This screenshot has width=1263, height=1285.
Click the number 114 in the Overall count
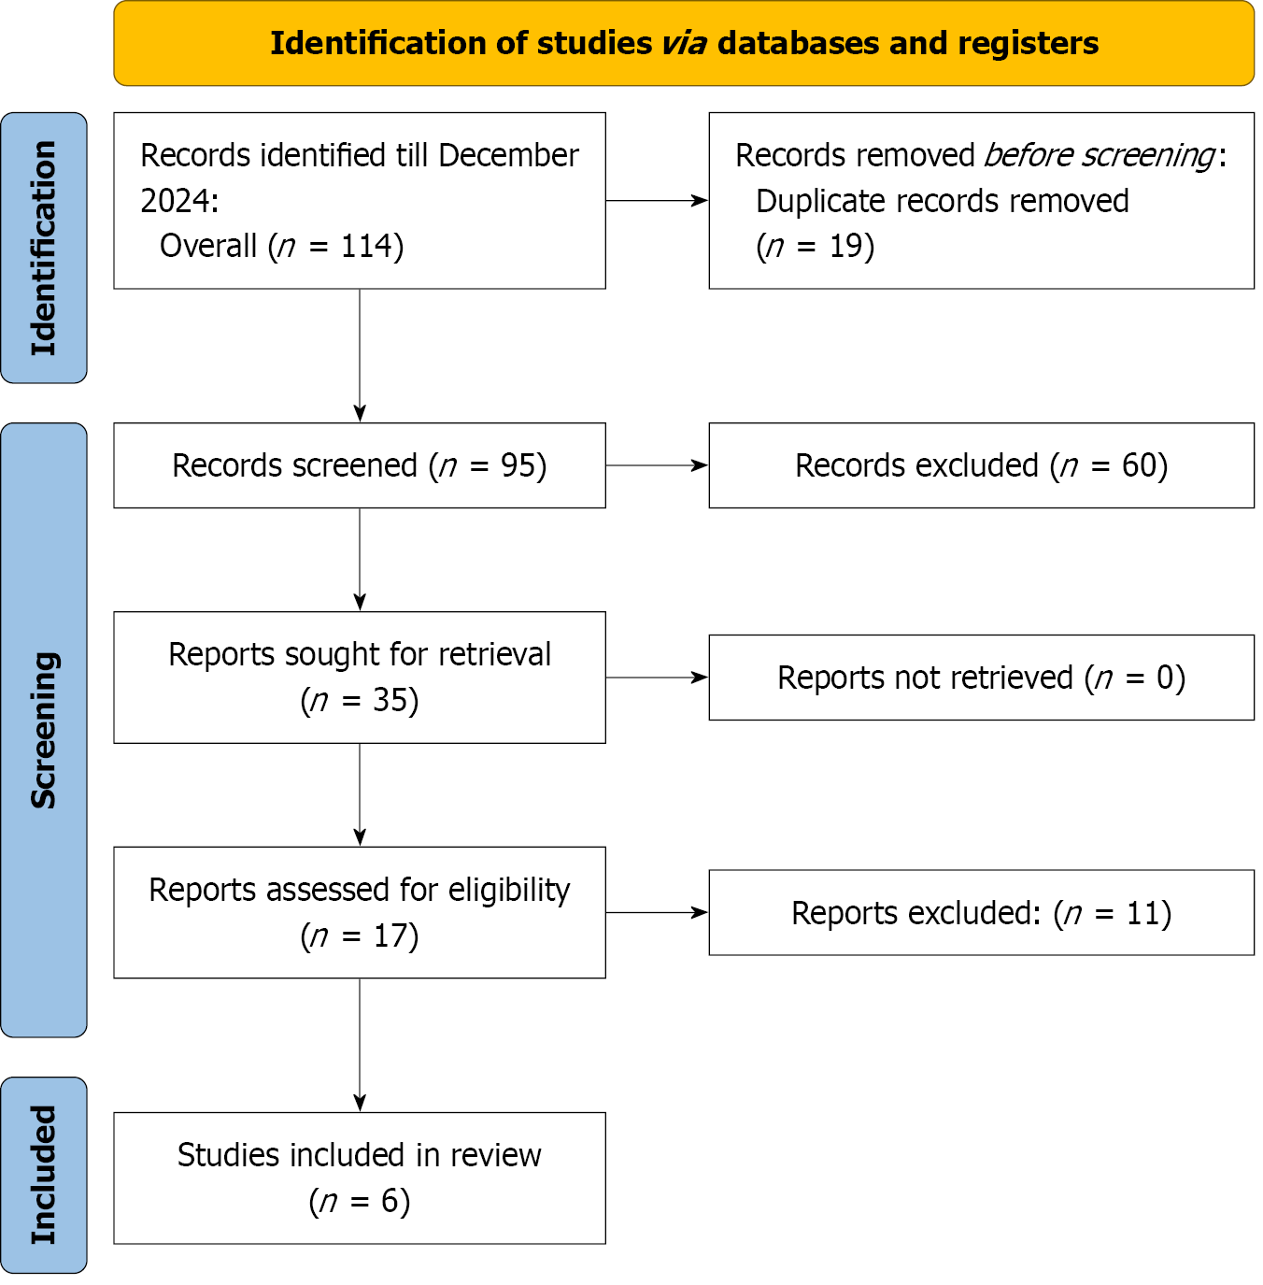[366, 247]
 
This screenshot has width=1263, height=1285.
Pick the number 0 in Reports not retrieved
[1165, 678]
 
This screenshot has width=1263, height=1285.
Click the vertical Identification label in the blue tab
[44, 248]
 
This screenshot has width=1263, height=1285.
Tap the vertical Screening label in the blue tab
[44, 731]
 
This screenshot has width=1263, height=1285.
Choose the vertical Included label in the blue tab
[44, 1176]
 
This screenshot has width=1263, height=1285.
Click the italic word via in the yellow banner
[684, 44]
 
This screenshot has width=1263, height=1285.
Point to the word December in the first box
[509, 156]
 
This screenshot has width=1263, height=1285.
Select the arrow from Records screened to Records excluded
[657, 465]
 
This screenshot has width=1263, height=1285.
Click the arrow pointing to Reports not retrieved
[657, 678]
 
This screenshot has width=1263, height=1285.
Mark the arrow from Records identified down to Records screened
[360, 355]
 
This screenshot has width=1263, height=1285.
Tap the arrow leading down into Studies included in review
[360, 1046]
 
